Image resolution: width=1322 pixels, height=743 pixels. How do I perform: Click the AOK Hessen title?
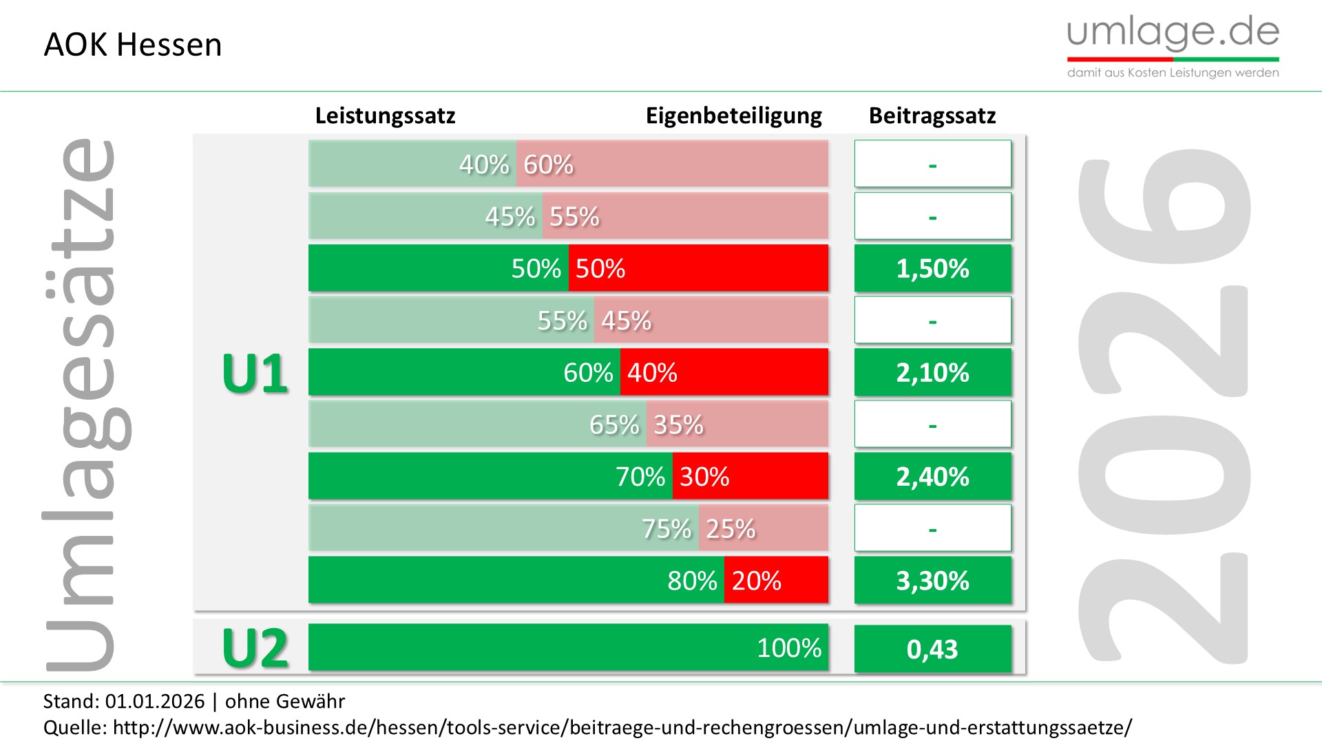click(x=132, y=45)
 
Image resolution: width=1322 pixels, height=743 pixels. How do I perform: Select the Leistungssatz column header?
click(x=385, y=116)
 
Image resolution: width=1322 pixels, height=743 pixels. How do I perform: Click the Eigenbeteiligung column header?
click(x=733, y=116)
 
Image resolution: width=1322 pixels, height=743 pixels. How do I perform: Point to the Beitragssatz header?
click(x=932, y=116)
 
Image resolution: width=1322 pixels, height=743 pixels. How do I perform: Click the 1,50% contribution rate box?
click(x=932, y=268)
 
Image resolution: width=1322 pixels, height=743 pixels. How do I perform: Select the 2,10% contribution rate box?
click(x=932, y=372)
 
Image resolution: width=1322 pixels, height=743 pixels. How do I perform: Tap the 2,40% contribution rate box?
click(x=932, y=476)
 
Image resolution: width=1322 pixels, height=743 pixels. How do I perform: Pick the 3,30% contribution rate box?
click(x=932, y=581)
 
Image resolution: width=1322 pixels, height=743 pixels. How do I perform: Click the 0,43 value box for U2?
click(x=932, y=649)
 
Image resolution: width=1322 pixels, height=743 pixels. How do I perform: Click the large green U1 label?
click(x=255, y=374)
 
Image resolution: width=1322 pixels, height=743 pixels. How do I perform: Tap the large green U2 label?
click(x=255, y=648)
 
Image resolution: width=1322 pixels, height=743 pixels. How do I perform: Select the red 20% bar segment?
click(x=776, y=581)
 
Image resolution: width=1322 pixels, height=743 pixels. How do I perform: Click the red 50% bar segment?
click(x=698, y=268)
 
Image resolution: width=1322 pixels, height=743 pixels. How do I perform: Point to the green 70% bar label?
click(x=640, y=476)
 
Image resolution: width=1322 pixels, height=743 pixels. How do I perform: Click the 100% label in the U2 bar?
click(x=789, y=647)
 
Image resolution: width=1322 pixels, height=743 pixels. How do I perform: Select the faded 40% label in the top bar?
click(x=484, y=164)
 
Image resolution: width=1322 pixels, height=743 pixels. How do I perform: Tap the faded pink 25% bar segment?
click(x=763, y=528)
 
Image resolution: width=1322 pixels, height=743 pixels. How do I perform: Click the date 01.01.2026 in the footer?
click(x=154, y=701)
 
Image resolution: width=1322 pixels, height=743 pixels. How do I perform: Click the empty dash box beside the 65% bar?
click(x=932, y=424)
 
